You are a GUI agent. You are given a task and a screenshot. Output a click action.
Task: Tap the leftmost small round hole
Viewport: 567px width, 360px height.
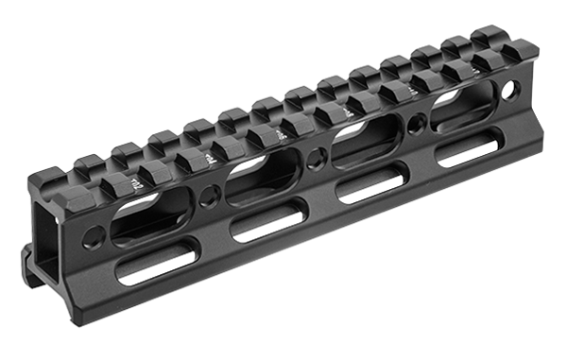(x=92, y=236)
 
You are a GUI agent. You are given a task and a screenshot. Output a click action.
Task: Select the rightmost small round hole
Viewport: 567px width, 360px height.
(x=511, y=90)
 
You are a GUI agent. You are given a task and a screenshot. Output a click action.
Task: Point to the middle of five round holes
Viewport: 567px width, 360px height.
(x=313, y=160)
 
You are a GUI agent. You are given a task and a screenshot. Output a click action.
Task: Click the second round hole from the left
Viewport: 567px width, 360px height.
(x=209, y=197)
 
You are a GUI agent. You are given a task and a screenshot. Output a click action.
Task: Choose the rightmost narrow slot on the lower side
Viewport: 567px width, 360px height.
(x=468, y=150)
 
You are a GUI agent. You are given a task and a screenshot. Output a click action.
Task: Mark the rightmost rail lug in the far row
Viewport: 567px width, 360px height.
(x=488, y=34)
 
